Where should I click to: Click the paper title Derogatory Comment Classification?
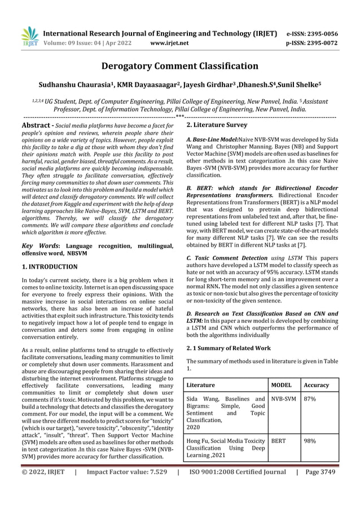pos(179,67)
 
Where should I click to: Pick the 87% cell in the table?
pos(310,399)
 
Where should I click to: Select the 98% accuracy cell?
pos(310,441)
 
